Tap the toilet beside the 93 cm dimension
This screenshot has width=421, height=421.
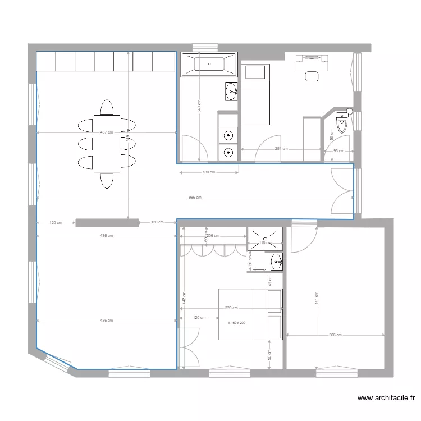[341, 121]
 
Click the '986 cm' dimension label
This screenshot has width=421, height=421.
[195, 198]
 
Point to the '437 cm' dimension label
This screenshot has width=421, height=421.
[107, 132]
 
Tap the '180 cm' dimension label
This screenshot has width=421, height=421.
[208, 172]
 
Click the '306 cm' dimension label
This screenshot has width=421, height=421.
[335, 335]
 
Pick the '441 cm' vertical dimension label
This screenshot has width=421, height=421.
[317, 298]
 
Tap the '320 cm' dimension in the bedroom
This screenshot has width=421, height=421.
[231, 308]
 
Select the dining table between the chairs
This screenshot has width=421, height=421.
[107, 144]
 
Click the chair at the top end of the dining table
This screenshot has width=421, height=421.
[107, 107]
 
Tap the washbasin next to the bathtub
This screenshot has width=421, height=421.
[231, 91]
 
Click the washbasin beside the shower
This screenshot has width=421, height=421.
[276, 261]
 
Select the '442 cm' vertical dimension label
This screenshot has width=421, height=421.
[183, 298]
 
